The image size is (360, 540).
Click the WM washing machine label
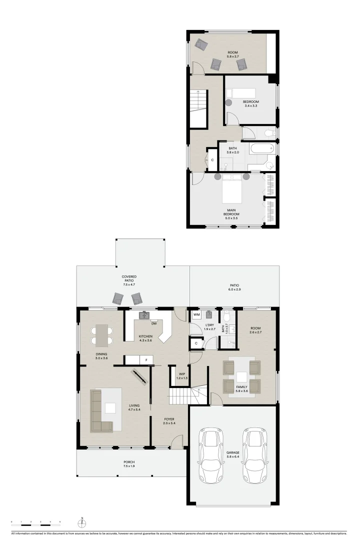(196, 315)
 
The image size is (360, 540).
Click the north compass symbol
(82, 523)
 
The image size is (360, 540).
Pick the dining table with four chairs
(101, 335)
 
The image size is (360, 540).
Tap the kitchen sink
(144, 315)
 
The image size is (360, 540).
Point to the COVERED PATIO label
(129, 278)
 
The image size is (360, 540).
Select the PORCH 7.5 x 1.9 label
(129, 463)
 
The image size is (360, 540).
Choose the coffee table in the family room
(241, 376)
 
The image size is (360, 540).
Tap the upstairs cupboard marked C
(212, 159)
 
